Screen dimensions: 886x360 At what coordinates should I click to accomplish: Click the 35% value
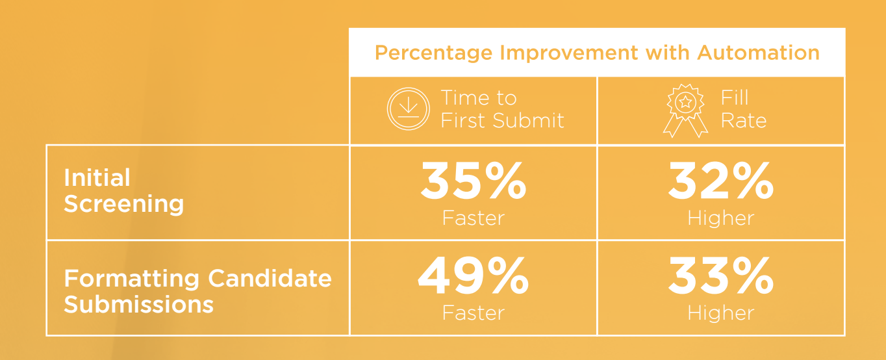pos(474,181)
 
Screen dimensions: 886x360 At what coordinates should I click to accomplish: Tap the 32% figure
pos(720,181)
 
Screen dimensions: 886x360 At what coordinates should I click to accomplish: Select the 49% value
pos(473,276)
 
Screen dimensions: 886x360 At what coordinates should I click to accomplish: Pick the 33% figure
pos(720,276)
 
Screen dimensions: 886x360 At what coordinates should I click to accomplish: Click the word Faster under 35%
pos(474,218)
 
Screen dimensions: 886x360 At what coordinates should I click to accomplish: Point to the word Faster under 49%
pos(474,313)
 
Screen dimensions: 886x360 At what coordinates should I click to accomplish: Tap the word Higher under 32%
pos(720,218)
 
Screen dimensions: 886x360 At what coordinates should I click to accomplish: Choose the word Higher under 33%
pos(720,313)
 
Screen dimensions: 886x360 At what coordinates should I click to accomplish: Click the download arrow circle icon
pos(408,109)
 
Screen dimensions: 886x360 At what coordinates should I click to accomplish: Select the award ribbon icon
pos(685,110)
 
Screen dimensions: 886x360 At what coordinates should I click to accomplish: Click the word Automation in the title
pos(758,53)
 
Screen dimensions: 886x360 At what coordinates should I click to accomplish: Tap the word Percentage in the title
pos(433,53)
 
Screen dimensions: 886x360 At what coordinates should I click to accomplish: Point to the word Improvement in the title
pos(569,53)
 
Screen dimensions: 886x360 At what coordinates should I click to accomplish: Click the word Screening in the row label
pos(124,204)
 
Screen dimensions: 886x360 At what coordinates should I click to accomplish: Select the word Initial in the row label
pos(97,177)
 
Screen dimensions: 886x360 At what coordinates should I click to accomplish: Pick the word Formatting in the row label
pos(132,279)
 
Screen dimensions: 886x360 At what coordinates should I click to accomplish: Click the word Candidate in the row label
pos(270,278)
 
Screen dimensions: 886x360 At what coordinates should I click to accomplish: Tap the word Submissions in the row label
pos(138,304)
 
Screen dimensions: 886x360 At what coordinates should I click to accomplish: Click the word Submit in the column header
pos(528,120)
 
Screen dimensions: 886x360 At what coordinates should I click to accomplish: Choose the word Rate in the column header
pos(744,120)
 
